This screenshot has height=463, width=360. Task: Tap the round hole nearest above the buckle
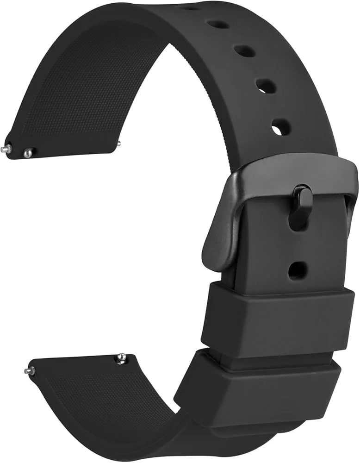[x=281, y=127]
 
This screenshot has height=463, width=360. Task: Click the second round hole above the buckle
[x=266, y=86]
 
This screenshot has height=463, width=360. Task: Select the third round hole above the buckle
[x=244, y=50]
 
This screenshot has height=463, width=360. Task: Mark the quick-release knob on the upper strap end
[x=29, y=152]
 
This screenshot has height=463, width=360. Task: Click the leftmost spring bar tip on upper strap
[x=7, y=148]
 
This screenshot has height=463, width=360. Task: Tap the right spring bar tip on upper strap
[x=119, y=143]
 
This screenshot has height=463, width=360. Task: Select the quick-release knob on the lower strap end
[x=121, y=358]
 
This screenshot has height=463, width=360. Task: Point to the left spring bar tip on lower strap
[x=29, y=370]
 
